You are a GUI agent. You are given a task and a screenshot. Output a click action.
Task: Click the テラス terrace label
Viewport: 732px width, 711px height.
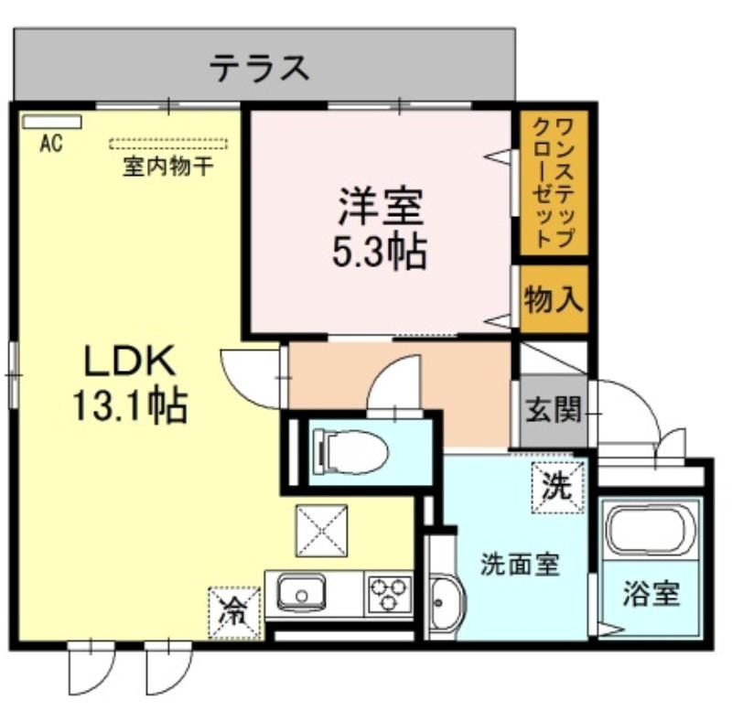pyautogui.click(x=259, y=68)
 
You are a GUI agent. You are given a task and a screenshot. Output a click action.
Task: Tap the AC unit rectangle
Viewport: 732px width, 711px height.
pyautogui.click(x=52, y=122)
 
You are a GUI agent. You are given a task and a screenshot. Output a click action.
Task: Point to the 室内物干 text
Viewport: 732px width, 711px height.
pyautogui.click(x=168, y=167)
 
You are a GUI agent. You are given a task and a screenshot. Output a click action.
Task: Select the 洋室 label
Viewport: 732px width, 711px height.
pyautogui.click(x=381, y=207)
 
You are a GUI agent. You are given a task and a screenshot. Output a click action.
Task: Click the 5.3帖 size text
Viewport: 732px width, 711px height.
pyautogui.click(x=379, y=253)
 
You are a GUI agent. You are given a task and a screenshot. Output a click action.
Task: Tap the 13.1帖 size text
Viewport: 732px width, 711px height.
pyautogui.click(x=130, y=405)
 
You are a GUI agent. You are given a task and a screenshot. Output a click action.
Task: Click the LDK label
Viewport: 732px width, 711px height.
pyautogui.click(x=129, y=360)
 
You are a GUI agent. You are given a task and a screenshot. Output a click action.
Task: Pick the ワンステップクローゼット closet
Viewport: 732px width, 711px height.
pyautogui.click(x=554, y=182)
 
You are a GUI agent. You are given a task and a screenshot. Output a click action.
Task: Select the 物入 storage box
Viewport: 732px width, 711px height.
pyautogui.click(x=554, y=299)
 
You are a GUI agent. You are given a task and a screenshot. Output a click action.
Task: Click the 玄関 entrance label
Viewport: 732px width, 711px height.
pyautogui.click(x=554, y=409)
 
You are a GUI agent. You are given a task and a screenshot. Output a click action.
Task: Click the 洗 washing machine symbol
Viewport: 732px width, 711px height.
pyautogui.click(x=558, y=487)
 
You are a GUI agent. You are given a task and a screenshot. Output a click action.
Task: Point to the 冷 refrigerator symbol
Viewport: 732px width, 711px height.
pyautogui.click(x=234, y=613)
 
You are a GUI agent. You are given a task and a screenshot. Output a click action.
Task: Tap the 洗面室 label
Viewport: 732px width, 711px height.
pyautogui.click(x=520, y=566)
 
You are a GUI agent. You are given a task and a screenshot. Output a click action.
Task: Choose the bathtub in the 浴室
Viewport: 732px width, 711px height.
pyautogui.click(x=651, y=531)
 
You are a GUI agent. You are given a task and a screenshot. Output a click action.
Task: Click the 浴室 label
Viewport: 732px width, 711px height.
pyautogui.click(x=651, y=593)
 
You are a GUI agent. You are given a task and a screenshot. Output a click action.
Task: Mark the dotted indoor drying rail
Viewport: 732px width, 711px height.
pyautogui.click(x=168, y=144)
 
